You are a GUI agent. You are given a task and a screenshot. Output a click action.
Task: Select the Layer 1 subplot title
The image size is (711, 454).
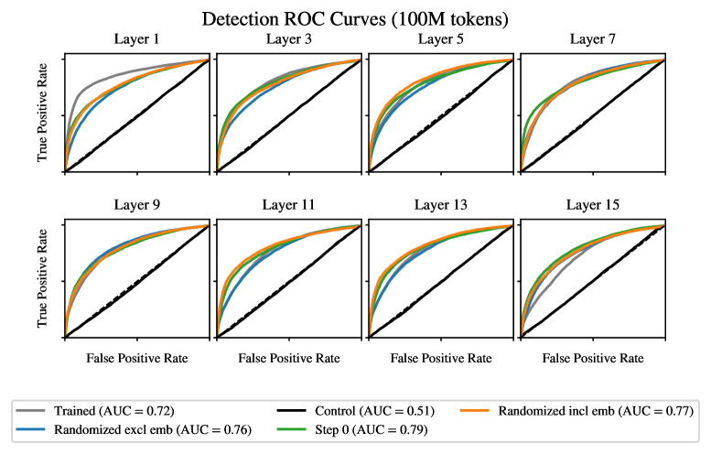[x=136, y=39]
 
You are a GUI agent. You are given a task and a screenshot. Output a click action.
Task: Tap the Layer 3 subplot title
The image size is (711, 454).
[x=287, y=39]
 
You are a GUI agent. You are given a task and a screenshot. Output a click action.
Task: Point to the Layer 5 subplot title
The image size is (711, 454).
[x=439, y=39]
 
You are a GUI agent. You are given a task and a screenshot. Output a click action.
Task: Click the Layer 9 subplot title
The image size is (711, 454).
[x=136, y=204]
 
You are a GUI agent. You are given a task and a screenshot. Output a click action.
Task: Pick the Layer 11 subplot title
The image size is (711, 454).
[x=287, y=204]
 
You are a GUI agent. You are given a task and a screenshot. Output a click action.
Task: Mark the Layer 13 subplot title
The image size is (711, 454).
[x=439, y=204]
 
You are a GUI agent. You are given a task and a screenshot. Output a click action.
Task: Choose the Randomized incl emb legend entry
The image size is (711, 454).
[x=586, y=411]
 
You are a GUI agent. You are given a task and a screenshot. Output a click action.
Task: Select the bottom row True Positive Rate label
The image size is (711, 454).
[x=43, y=280]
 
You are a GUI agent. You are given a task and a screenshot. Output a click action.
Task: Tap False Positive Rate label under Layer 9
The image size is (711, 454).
[x=136, y=358]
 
